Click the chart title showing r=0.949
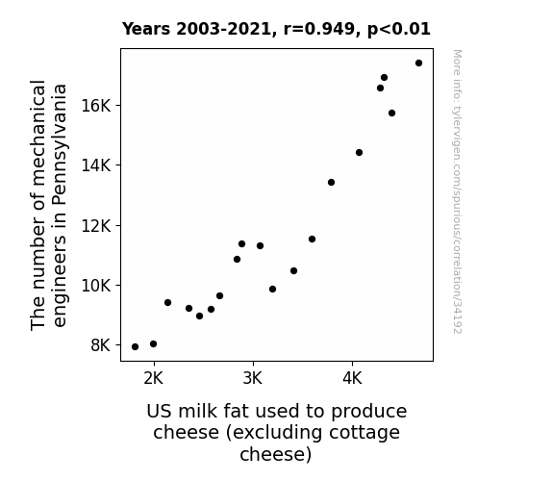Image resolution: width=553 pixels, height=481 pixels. pos(276,29)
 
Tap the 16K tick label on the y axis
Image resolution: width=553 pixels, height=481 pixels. pos(96,106)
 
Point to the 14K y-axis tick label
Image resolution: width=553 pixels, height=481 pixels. pos(96,165)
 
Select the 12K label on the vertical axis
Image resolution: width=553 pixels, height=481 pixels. pos(96,225)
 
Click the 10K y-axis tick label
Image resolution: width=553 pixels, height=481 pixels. pos(96,285)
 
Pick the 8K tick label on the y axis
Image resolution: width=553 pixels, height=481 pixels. pos(101,345)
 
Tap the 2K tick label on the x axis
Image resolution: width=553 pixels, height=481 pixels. pos(154,379)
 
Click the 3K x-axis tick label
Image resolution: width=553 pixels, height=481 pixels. pos(253,379)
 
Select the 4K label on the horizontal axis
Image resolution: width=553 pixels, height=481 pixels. pos(352,379)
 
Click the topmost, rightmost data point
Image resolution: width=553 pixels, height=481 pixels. pos(418,63)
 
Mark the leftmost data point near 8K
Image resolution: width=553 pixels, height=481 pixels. pos(135,347)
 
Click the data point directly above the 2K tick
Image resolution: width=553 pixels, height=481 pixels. pos(153,343)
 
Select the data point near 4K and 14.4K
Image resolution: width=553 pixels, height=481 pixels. pos(359,152)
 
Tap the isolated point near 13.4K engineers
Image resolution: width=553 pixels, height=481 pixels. pos(331,182)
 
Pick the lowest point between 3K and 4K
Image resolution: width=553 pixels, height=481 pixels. pos(272,289)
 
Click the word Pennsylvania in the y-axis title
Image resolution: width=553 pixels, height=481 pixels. pos(60,144)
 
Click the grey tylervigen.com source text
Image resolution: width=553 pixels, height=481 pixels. pos(457,191)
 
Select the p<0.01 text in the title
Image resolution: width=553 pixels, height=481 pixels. pos(399,29)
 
